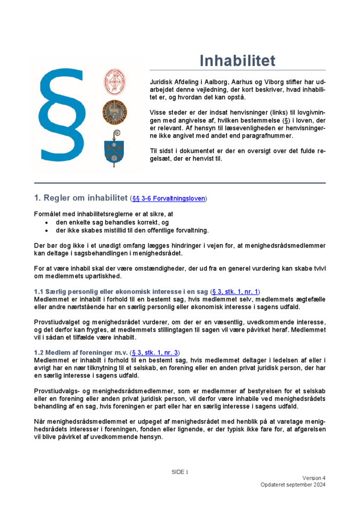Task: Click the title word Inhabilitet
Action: point(237,61)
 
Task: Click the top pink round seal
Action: point(115,81)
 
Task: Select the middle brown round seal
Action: point(115,113)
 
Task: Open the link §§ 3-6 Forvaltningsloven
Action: point(168,199)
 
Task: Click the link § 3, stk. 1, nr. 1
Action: point(235,291)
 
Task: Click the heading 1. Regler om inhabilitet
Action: point(80,198)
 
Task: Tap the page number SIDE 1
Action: point(179,472)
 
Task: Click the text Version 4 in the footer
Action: point(313,478)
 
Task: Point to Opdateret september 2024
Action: point(293,485)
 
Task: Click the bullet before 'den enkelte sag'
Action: point(48,222)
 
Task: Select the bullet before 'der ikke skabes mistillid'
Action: point(48,230)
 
